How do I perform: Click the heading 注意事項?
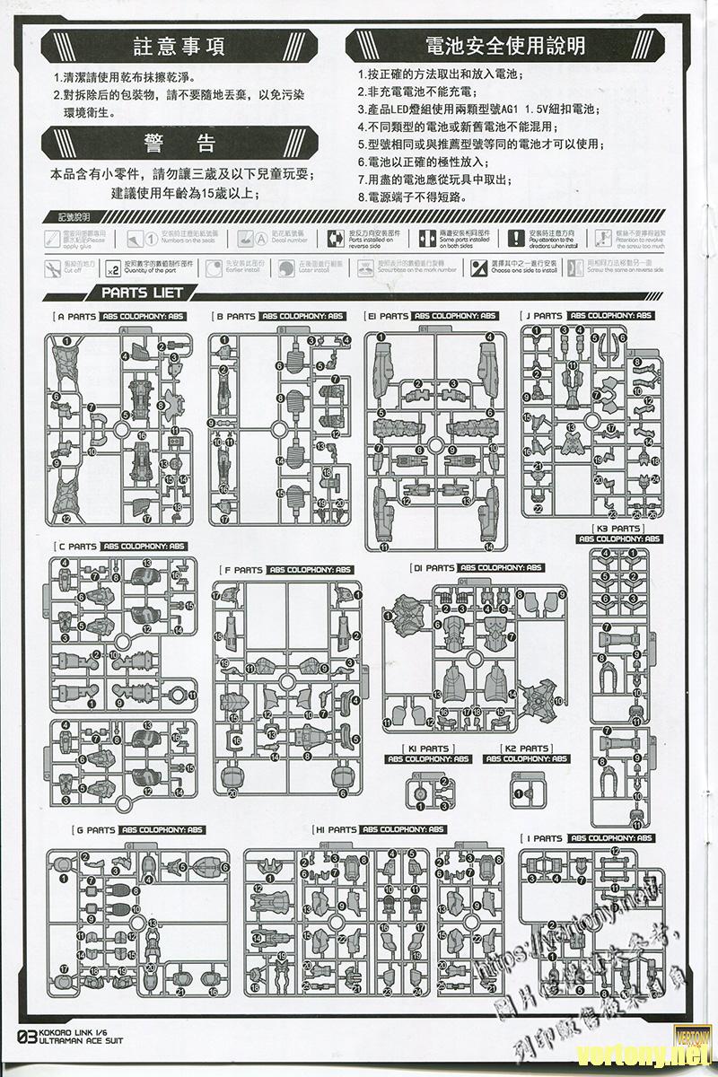click(x=178, y=47)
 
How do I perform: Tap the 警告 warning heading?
click(x=179, y=144)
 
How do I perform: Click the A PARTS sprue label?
click(x=75, y=317)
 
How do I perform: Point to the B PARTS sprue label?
click(x=236, y=317)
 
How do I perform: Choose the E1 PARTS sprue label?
click(x=388, y=317)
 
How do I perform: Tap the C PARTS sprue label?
click(x=77, y=547)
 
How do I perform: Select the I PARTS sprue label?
click(x=545, y=838)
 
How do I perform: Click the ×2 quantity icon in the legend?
click(x=113, y=267)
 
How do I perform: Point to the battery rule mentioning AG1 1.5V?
click(x=476, y=109)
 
